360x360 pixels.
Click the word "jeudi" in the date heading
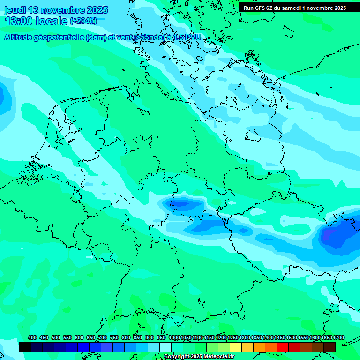(x=15, y=10)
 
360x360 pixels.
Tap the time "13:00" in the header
(x=18, y=21)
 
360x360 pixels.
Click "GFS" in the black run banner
(x=261, y=8)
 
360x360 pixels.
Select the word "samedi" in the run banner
(x=291, y=8)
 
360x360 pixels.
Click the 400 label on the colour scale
(x=32, y=337)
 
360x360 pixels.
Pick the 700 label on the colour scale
(x=103, y=337)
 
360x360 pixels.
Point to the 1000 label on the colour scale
(x=174, y=337)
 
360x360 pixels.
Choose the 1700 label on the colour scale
(x=338, y=337)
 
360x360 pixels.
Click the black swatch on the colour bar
(x=25, y=347)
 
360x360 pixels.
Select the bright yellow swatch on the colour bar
(x=236, y=347)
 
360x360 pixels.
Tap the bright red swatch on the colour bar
(x=283, y=347)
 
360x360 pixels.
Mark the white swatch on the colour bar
(x=165, y=347)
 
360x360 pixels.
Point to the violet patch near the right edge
(x=331, y=234)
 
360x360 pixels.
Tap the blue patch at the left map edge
(x=4, y=96)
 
